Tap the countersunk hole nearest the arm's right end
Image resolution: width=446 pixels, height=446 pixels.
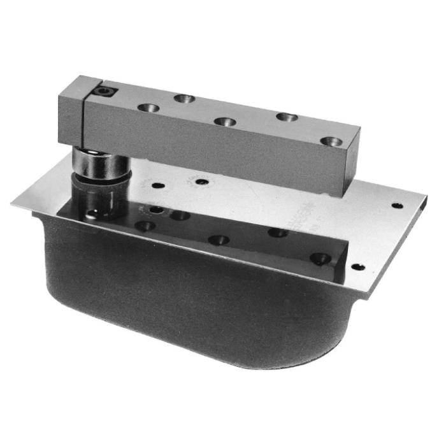pos(331,141)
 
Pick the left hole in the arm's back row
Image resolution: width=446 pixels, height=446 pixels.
pos(184,98)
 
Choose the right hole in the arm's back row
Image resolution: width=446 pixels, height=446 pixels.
pos(287,117)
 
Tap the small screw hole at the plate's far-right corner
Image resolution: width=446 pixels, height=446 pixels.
pos(397,206)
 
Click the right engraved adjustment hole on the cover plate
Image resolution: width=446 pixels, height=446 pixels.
pos(202,182)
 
